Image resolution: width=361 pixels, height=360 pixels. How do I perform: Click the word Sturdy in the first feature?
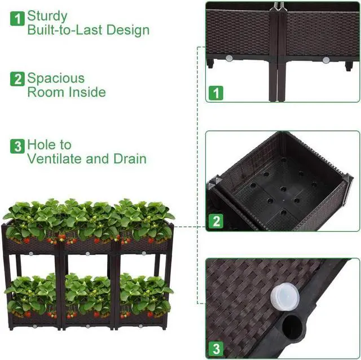47,16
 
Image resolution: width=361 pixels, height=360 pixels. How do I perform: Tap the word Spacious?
55,78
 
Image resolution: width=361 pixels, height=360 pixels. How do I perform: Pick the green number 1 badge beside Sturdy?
17,18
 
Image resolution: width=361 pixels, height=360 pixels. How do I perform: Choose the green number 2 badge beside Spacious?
17,80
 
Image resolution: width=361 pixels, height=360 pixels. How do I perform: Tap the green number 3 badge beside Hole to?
17,146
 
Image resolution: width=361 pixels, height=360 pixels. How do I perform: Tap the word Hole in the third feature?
42,145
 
